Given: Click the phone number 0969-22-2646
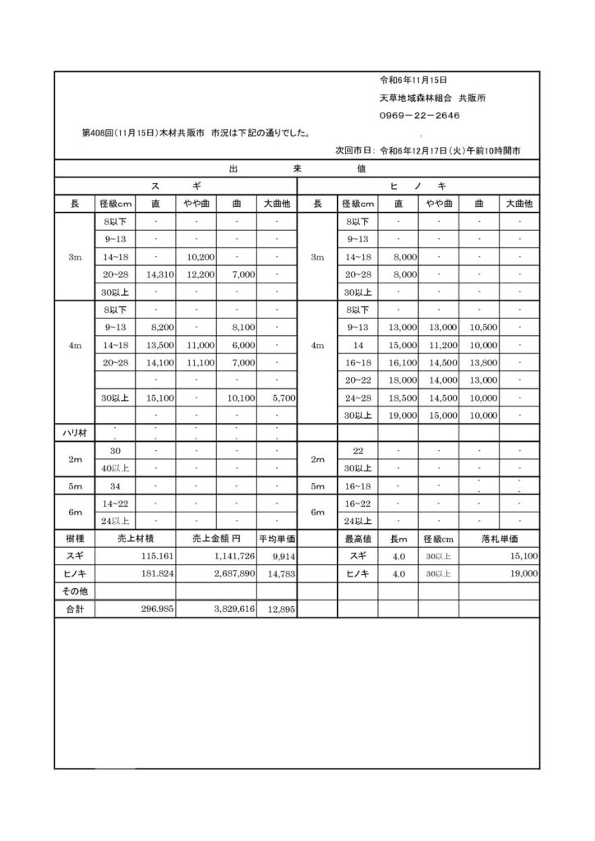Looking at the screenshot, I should (x=419, y=116).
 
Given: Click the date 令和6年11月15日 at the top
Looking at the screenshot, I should (x=413, y=80).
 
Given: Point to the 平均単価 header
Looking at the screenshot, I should (x=277, y=538).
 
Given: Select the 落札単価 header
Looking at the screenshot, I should (x=500, y=538).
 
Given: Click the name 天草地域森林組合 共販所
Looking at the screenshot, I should (x=432, y=98).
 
